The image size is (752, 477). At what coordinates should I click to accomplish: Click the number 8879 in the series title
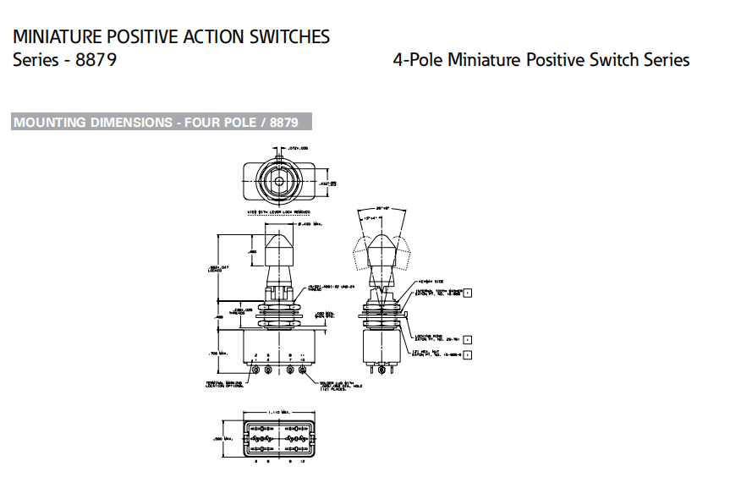(x=94, y=60)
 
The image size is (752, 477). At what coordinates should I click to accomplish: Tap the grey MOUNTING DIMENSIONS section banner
(x=162, y=122)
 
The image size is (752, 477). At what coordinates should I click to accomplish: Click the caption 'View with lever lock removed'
(x=279, y=211)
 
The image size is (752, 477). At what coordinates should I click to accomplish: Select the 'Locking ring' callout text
(x=422, y=337)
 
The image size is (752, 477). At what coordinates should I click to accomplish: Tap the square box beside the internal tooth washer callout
(x=468, y=292)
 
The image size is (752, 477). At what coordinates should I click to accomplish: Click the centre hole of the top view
(x=279, y=180)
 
